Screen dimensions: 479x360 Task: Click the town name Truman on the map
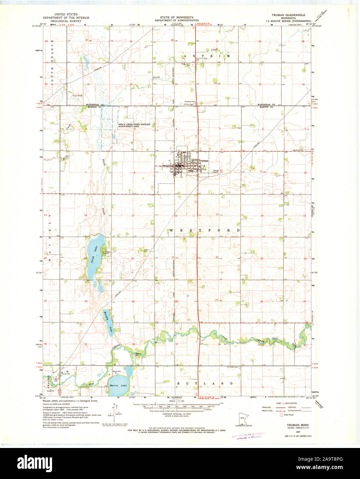203,161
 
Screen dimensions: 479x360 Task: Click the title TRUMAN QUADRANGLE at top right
288,16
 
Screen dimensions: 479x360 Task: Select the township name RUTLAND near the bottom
204,383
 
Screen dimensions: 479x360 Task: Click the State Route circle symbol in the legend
281,415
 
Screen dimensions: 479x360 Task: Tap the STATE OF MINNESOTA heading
177,17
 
